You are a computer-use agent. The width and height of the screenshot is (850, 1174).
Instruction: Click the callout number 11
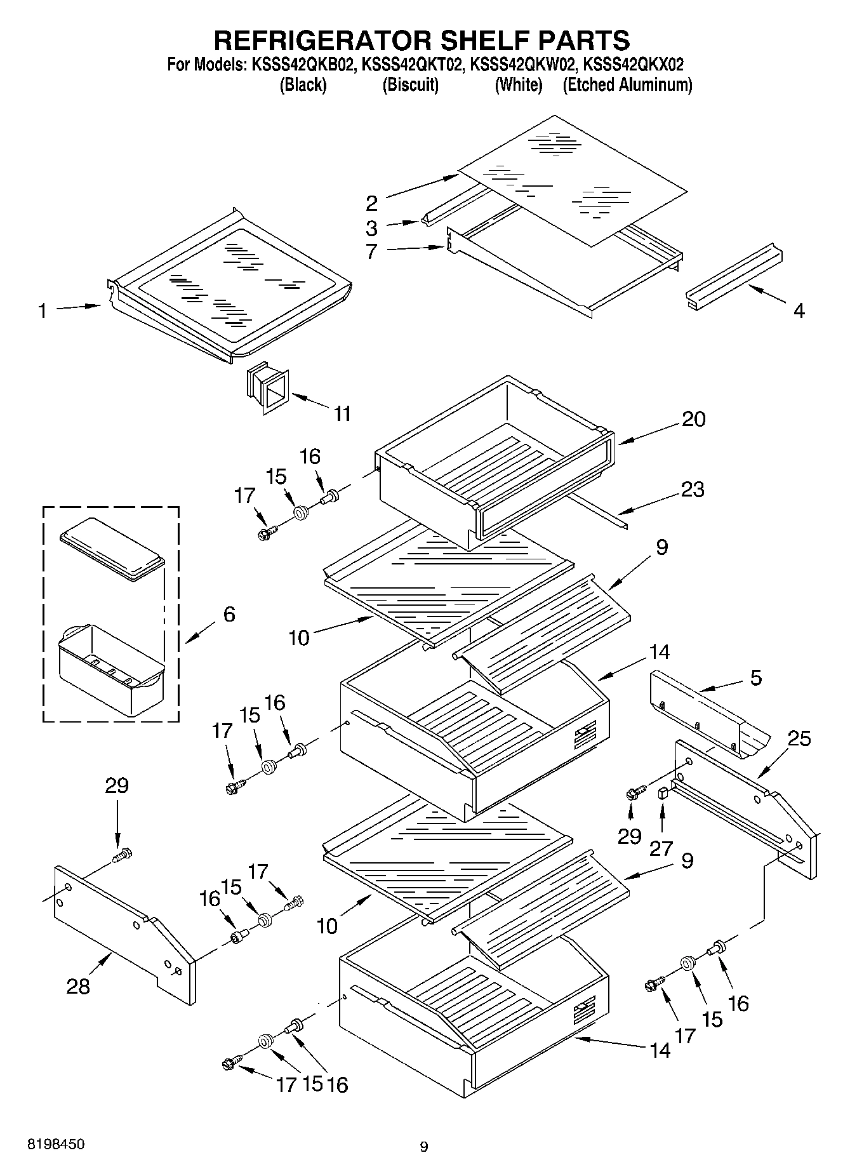coord(342,414)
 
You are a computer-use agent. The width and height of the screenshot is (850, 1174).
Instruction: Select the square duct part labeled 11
coord(267,387)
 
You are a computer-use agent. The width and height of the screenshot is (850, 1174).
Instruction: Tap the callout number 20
coord(693,419)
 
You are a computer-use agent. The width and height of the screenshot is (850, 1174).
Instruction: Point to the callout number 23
coord(693,490)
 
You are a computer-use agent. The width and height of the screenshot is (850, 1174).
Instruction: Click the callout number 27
coord(661,849)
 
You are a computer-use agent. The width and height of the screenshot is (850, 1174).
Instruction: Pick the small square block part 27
coord(663,792)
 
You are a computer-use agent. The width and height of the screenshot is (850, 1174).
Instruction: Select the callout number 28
coord(78,986)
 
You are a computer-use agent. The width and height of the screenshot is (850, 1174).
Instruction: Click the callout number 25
coord(799,739)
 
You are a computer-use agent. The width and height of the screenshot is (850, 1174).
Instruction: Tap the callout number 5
coord(755,677)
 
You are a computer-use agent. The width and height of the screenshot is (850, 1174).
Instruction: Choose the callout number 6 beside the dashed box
coord(229,614)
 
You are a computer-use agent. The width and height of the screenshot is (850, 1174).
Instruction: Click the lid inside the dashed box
coord(112,549)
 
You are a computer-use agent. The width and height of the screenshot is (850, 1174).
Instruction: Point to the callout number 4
coord(799,311)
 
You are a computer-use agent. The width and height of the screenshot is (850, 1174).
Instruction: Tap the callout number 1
coord(42,311)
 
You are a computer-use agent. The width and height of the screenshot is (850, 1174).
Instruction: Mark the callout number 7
coord(371,251)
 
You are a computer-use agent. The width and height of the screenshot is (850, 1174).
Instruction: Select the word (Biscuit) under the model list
coord(410,85)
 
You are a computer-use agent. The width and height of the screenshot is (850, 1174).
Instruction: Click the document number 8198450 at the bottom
coord(55,1145)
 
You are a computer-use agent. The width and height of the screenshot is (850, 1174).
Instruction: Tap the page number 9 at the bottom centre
coord(424,1147)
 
